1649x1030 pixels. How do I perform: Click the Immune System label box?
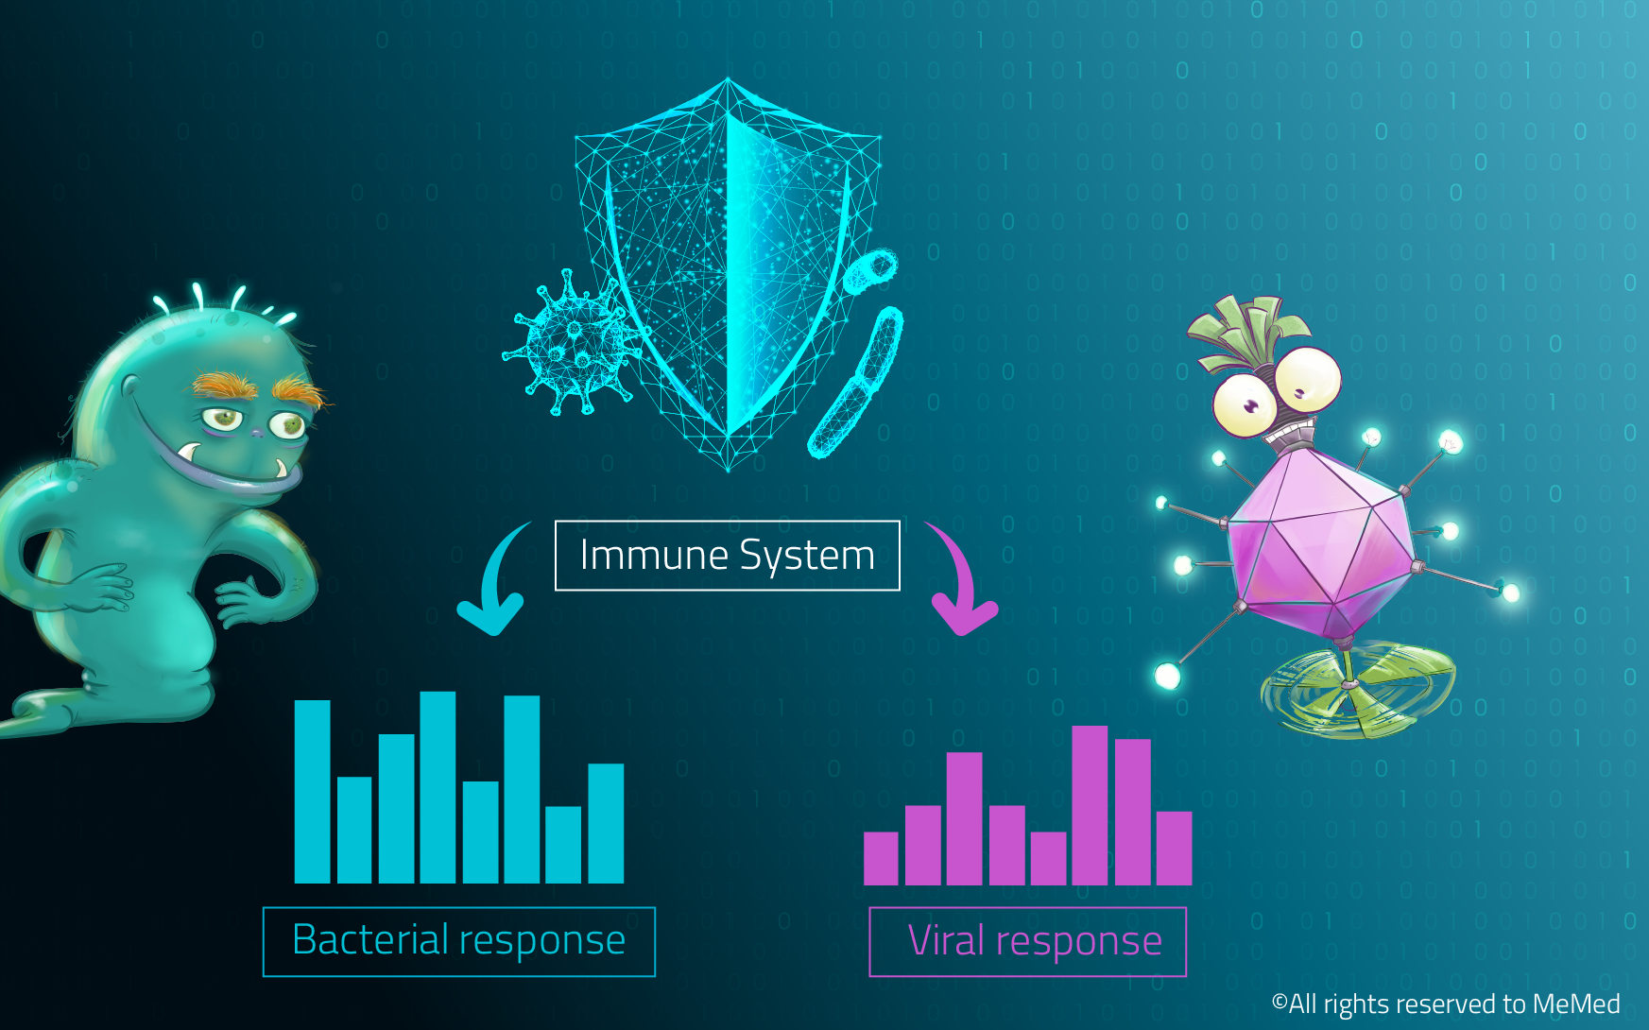tap(727, 556)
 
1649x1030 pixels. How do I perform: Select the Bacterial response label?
tap(458, 941)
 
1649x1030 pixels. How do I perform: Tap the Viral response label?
tap(1027, 941)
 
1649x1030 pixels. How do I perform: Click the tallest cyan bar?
tap(438, 787)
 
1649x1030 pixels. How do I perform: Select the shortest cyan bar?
tap(563, 845)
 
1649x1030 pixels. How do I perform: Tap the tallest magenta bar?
tap(1090, 805)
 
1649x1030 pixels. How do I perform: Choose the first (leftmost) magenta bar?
tap(881, 858)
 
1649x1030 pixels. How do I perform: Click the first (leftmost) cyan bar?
tap(312, 792)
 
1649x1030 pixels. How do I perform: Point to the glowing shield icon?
tap(728, 274)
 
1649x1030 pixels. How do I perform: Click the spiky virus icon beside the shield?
tap(570, 343)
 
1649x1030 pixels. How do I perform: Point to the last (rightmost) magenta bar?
tap(1174, 849)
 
